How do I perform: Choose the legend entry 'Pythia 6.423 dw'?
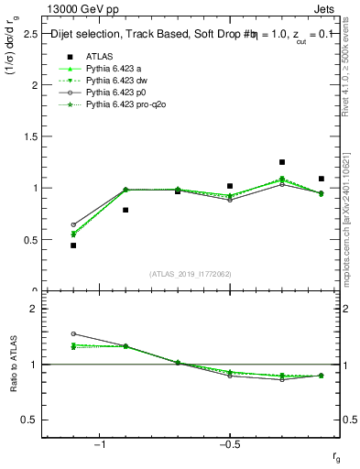coord(119,80)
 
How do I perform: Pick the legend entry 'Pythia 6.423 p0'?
coord(119,93)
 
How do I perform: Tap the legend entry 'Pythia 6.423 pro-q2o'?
coord(128,105)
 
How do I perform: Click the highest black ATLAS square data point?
coord(282,162)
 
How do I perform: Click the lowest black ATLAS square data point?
coord(73,245)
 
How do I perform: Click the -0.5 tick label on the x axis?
coord(229,444)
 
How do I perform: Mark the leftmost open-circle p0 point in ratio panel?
coord(73,334)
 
